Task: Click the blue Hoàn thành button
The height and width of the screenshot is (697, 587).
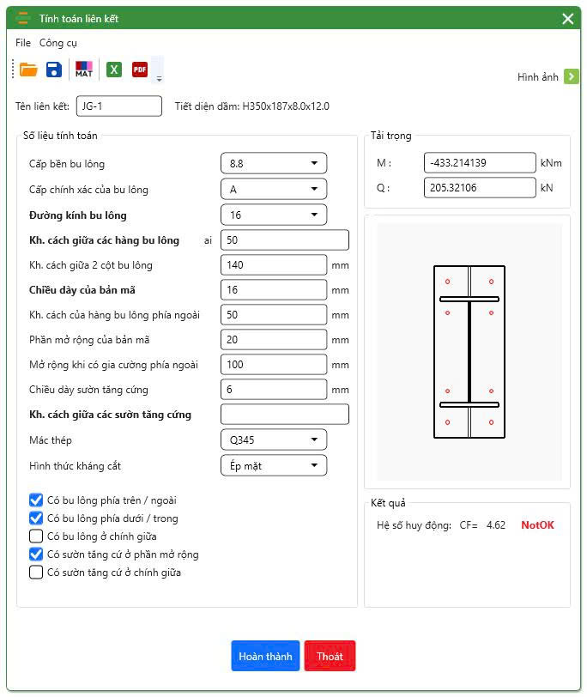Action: tap(265, 656)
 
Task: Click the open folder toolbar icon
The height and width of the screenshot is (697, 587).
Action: tap(28, 70)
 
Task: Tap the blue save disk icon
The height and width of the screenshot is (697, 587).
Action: tap(54, 70)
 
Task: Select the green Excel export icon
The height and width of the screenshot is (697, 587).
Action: tap(114, 70)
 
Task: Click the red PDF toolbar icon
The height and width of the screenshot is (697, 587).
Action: tap(140, 70)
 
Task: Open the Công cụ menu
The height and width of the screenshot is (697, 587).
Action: tap(58, 43)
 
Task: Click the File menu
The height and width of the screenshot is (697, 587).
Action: tap(23, 43)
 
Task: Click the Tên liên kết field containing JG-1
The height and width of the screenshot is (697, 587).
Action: tap(119, 106)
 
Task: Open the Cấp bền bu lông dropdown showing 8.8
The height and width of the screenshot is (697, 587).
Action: tap(274, 164)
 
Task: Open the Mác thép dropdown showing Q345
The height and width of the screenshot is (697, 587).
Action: tap(274, 440)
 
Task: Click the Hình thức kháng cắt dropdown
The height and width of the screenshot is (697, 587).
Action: tap(274, 466)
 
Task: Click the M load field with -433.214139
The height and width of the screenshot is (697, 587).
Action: tap(480, 163)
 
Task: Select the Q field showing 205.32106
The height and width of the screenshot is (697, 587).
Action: tap(480, 188)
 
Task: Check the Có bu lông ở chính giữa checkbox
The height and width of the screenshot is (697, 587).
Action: tap(36, 536)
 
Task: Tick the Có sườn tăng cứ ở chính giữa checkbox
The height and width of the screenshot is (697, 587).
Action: tap(36, 572)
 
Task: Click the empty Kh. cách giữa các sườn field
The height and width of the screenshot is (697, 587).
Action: tap(285, 415)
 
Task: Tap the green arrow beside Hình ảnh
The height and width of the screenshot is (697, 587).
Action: tap(572, 76)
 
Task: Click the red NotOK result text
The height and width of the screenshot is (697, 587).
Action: tap(538, 525)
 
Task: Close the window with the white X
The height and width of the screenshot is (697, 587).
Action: tap(568, 19)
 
